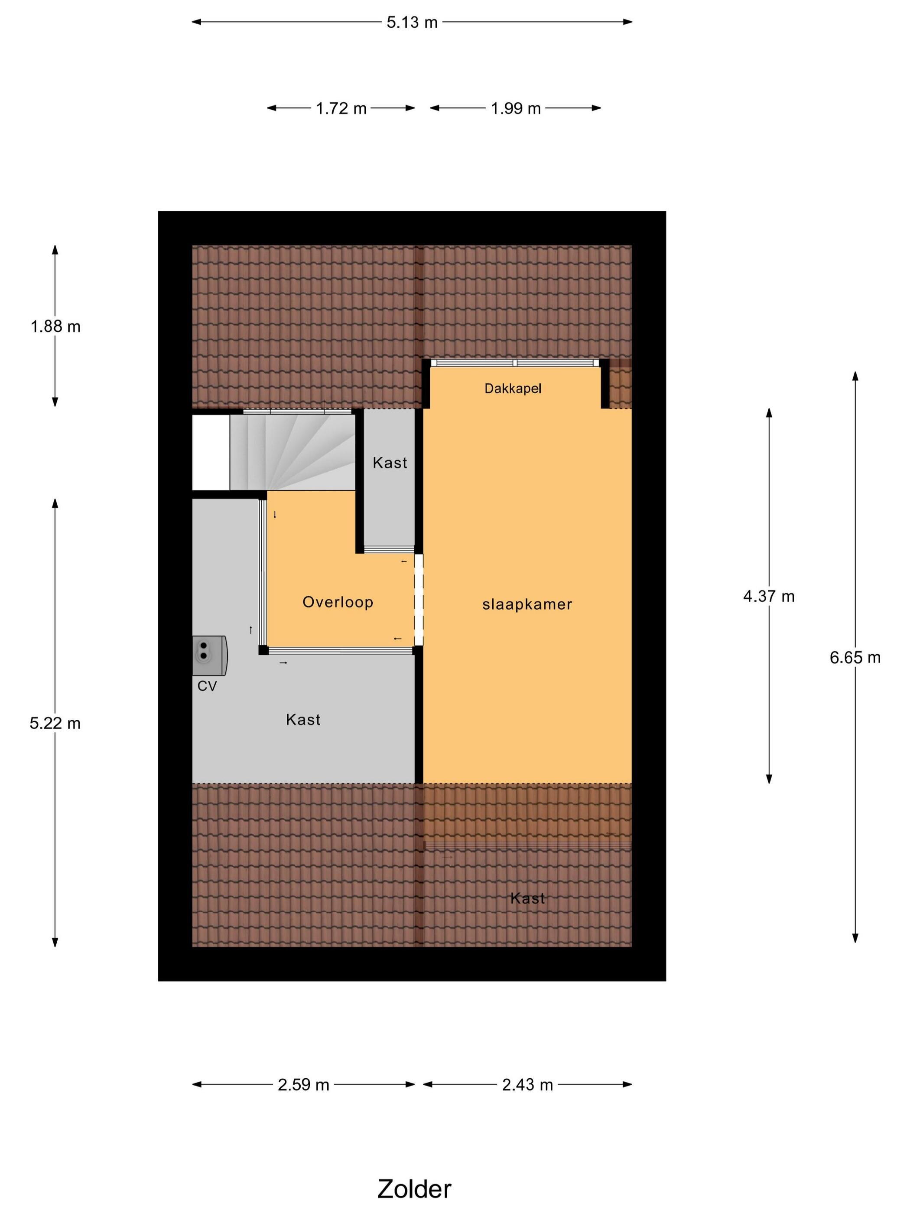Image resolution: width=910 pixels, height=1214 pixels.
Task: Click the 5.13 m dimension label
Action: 412,23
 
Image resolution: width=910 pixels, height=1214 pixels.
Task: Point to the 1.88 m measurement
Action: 55,326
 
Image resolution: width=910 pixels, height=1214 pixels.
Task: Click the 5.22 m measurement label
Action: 55,723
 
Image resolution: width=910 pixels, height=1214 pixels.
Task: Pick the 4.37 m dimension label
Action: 768,596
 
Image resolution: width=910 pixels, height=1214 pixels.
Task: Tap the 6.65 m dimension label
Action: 855,657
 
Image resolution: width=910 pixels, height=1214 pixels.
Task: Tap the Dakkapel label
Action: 513,388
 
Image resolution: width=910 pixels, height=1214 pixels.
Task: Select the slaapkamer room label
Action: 527,604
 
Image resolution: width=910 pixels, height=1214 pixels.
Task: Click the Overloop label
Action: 338,602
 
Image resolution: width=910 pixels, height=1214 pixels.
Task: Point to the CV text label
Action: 207,686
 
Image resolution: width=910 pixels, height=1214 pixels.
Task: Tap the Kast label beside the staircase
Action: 390,463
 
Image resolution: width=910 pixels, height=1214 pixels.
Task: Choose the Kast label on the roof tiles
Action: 528,898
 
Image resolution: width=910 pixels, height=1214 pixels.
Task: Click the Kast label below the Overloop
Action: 303,719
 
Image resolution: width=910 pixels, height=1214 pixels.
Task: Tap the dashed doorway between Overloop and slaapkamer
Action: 419,600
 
